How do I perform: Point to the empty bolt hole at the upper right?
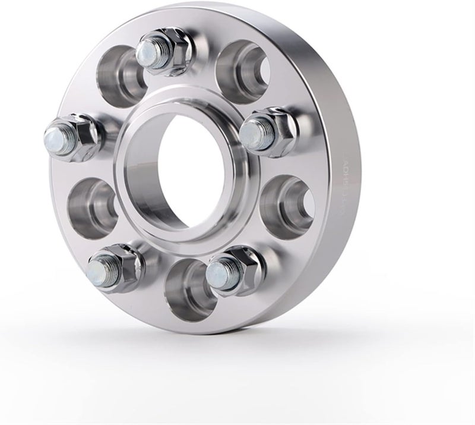tap(237, 65)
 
